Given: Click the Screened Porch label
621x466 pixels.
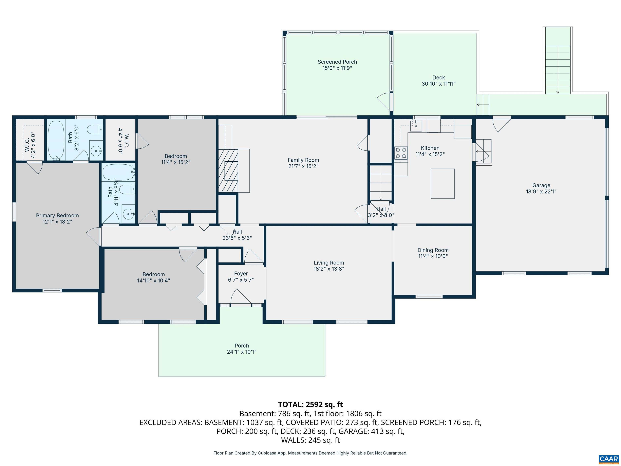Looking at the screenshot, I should tap(337, 62).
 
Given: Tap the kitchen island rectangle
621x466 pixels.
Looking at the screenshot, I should tap(443, 183).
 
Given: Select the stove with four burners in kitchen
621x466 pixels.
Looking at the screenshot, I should tap(401, 153).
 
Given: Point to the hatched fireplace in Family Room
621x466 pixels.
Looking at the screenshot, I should tap(228, 171).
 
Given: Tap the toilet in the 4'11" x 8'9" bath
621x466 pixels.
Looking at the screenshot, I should tap(128, 190).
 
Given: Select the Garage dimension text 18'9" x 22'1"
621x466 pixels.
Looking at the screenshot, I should tap(541, 192).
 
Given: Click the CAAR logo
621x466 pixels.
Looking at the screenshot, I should tap(609, 459).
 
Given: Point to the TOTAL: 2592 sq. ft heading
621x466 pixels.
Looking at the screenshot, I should tap(310, 405).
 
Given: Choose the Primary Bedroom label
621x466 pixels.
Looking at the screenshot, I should tap(57, 215).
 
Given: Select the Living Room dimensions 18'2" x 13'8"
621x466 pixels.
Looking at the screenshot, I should tap(329, 269).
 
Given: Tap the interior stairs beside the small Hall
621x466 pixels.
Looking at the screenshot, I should tap(381, 183).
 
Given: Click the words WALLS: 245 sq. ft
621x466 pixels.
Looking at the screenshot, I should tap(310, 440).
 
